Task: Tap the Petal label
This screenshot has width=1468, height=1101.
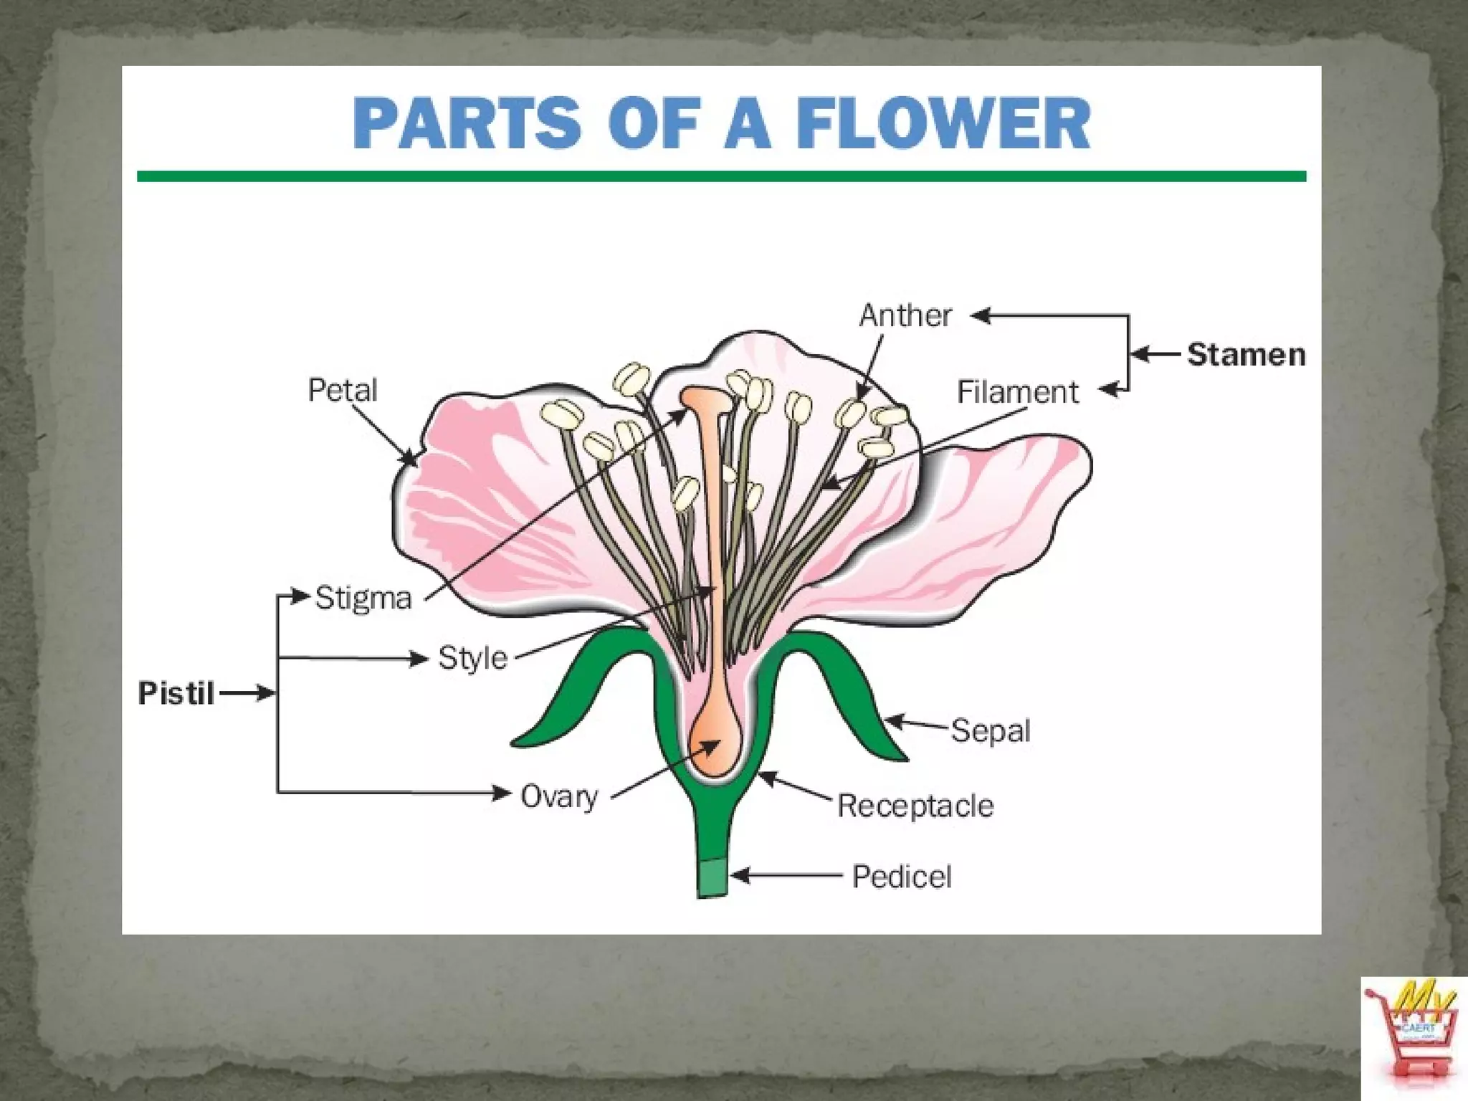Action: (342, 391)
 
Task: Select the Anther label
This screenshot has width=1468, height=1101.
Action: (905, 315)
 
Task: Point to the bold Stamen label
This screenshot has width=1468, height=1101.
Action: (1246, 355)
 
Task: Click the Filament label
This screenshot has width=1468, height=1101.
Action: (1017, 392)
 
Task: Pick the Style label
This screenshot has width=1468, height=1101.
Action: (472, 658)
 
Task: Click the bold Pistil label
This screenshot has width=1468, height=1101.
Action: (176, 694)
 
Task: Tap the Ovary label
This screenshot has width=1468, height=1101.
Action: (559, 796)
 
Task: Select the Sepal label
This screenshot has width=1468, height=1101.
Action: (991, 731)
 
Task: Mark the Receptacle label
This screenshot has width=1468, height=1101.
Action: (915, 806)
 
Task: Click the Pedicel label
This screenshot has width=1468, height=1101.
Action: (902, 877)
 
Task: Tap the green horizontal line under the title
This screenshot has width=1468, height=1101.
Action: (721, 176)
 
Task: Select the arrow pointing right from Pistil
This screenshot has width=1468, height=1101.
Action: (247, 693)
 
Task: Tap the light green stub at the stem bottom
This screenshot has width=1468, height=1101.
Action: (712, 877)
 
